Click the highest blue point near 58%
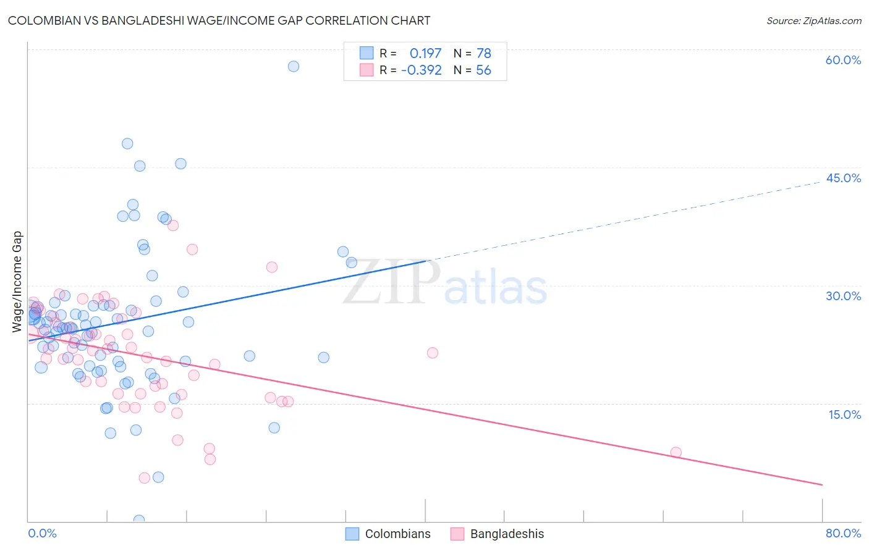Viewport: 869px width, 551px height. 294,66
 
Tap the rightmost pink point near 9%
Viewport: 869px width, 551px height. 676,452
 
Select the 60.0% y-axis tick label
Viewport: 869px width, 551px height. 843,60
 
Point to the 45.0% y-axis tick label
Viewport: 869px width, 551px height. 843,178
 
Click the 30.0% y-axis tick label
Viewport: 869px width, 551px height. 843,296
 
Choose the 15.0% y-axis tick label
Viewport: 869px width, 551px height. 844,414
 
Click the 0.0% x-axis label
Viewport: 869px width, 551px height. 42,533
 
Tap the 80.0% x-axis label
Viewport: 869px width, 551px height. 843,533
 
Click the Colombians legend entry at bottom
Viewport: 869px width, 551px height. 397,534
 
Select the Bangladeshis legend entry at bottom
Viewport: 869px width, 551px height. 507,534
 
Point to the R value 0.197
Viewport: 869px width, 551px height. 425,53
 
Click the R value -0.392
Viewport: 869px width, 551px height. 422,70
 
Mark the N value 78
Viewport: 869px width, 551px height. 483,53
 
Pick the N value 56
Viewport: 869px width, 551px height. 483,70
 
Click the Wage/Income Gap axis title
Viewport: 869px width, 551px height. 17,282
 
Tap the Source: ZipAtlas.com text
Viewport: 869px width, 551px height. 813,20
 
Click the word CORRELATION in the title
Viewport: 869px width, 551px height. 348,20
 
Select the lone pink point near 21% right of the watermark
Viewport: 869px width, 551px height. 433,353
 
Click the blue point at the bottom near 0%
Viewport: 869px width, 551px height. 139,521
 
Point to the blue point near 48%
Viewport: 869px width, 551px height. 127,143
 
